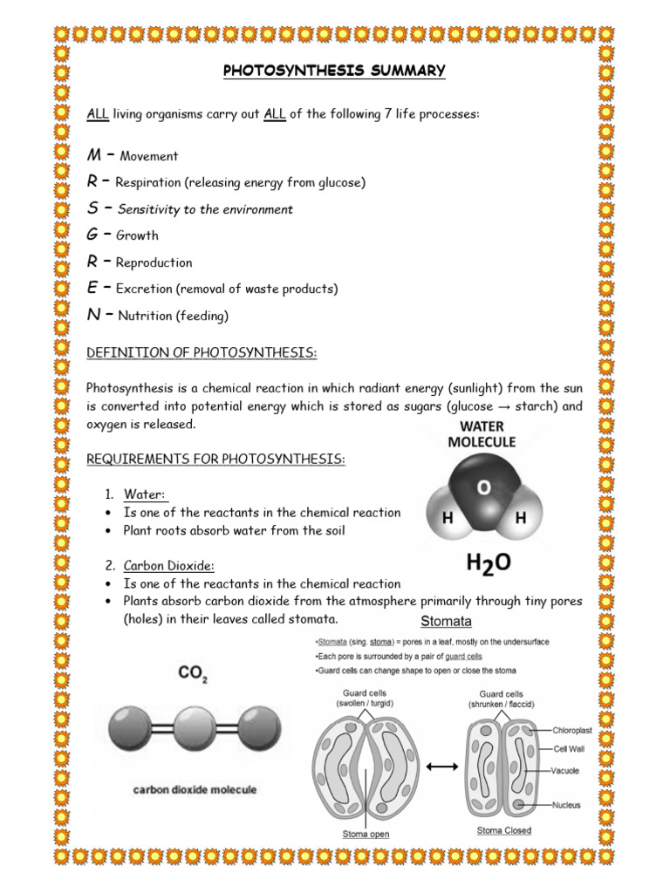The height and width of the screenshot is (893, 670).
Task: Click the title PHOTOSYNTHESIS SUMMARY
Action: point(334,71)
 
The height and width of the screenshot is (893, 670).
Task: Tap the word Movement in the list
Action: point(148,157)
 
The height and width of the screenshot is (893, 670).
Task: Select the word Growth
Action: point(137,235)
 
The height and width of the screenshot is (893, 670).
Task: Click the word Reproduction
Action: point(154,262)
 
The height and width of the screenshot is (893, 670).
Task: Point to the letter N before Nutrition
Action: point(93,316)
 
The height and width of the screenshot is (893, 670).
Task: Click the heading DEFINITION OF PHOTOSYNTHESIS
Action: point(202,351)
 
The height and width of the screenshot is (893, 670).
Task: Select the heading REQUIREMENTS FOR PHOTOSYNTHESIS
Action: point(216,459)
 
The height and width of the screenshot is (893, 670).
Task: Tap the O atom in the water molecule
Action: point(482,488)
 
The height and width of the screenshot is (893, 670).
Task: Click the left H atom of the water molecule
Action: point(448,518)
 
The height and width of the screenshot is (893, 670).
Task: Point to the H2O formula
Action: point(489,564)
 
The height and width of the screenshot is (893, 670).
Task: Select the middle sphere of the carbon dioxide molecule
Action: point(194,726)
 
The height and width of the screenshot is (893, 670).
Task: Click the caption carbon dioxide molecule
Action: point(194,789)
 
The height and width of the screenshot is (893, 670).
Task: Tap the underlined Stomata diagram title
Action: point(446,622)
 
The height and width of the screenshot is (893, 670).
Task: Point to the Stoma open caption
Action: point(365,834)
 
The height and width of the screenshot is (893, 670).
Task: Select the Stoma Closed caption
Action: point(503,830)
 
